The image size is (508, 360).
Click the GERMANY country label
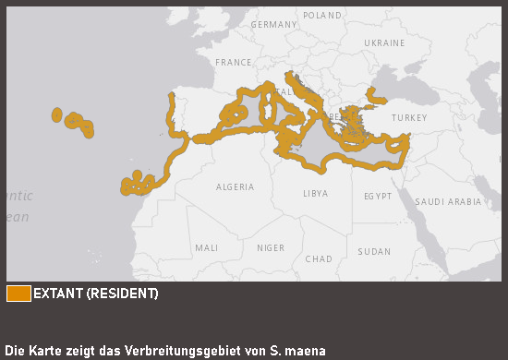[x=272, y=25]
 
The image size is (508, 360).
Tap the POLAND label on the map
[x=321, y=16]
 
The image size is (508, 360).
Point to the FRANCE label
[x=233, y=62]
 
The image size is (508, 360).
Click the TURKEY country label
[x=409, y=118]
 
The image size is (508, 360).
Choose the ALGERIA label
[x=235, y=187]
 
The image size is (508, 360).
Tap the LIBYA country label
[x=315, y=194]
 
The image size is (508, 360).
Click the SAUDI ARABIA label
[x=448, y=201]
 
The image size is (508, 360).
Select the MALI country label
[x=206, y=248]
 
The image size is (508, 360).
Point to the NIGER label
[x=270, y=248]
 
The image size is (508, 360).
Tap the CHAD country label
[x=318, y=258]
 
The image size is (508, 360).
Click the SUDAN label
[x=374, y=251]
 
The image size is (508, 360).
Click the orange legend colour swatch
[x=18, y=294]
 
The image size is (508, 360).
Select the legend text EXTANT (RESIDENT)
[x=95, y=294]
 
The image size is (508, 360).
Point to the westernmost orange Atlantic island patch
[x=57, y=115]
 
